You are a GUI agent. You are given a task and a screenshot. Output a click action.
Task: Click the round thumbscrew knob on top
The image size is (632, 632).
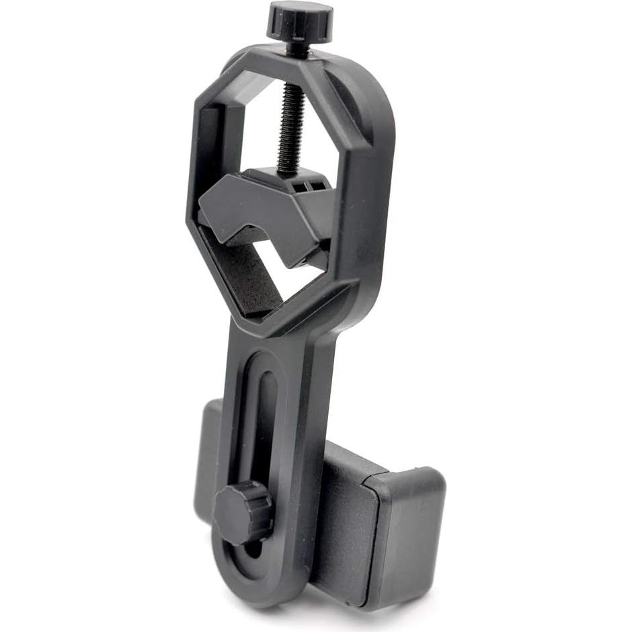[x=299, y=20]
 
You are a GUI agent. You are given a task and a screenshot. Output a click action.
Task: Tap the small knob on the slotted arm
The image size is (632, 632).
[x=242, y=512]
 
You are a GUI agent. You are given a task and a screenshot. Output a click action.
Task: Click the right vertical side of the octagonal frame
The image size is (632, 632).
[x=366, y=202]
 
